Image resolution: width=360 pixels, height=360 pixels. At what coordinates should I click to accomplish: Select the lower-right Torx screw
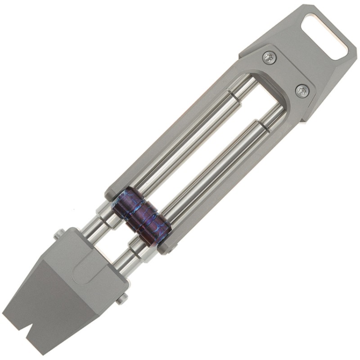[301, 91]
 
